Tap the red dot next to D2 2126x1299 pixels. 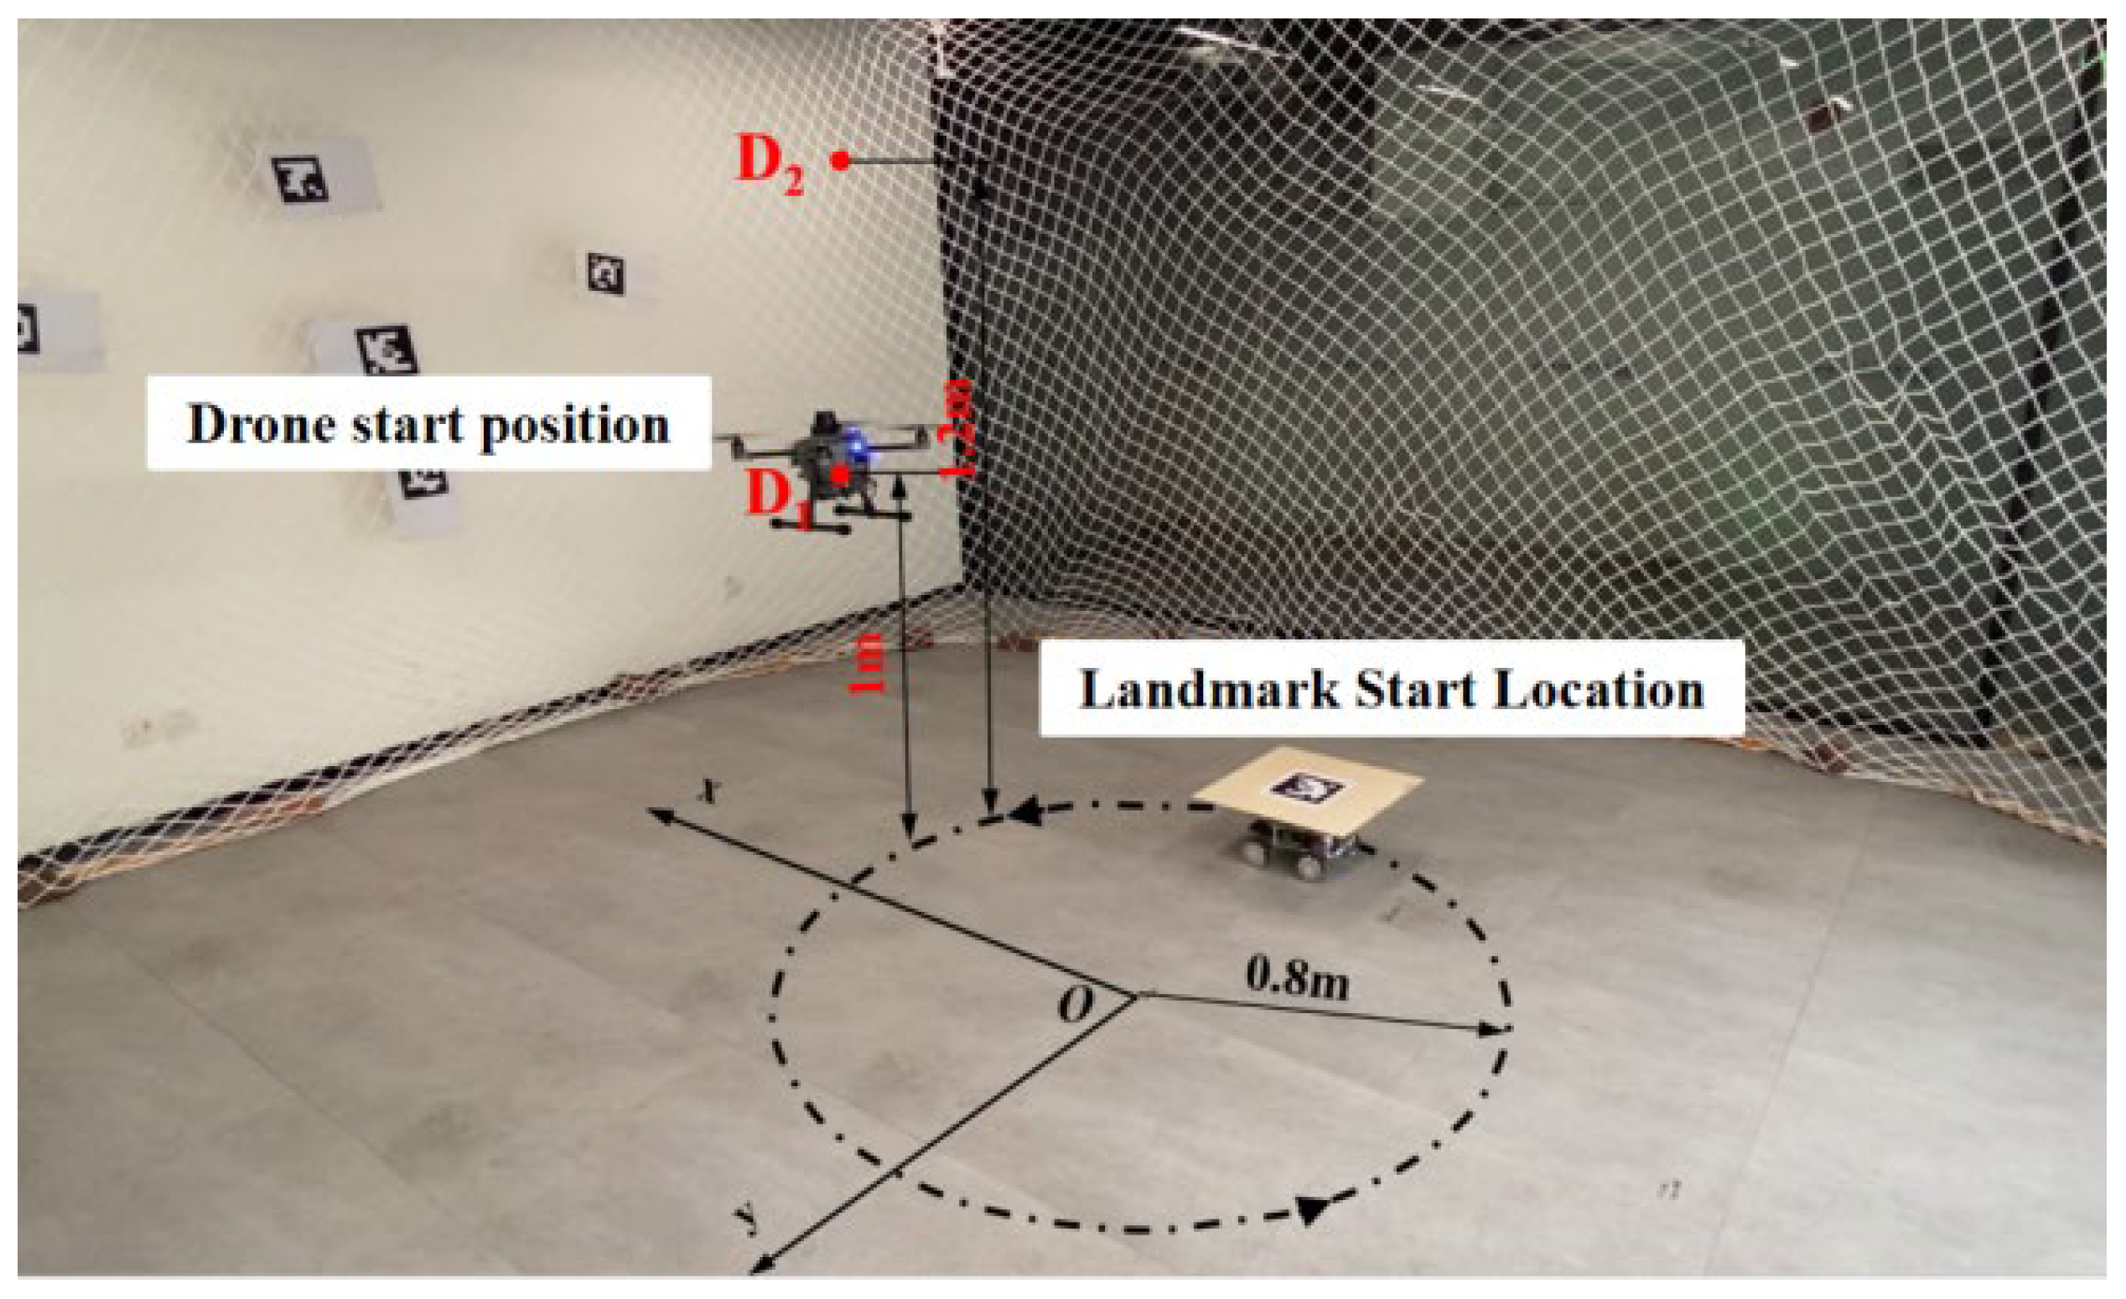pyautogui.click(x=839, y=159)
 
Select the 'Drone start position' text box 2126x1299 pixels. pyautogui.click(x=429, y=422)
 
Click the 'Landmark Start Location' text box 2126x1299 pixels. pyautogui.click(x=1391, y=688)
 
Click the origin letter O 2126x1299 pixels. pyautogui.click(x=1075, y=1004)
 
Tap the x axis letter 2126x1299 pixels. pyautogui.click(x=709, y=789)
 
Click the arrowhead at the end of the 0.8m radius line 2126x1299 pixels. pyautogui.click(x=1490, y=1028)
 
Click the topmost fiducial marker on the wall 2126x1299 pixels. pyautogui.click(x=299, y=179)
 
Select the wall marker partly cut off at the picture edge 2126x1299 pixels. pyautogui.click(x=28, y=329)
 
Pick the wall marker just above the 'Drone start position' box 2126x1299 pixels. pyautogui.click(x=386, y=350)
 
